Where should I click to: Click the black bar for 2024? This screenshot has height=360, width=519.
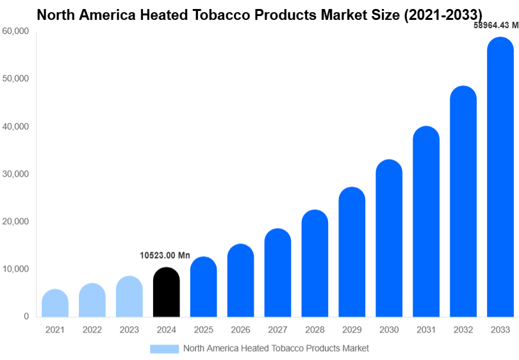click(167, 292)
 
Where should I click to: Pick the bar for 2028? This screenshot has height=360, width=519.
click(315, 263)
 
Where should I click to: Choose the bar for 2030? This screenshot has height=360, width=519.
click(389, 238)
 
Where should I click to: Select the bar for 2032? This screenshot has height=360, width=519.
click(463, 201)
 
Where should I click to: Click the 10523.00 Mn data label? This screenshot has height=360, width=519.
click(165, 256)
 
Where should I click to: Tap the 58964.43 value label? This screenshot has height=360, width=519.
click(495, 26)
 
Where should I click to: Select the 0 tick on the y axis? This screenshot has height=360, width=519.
click(26, 316)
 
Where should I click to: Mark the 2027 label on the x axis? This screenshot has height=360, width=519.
click(277, 330)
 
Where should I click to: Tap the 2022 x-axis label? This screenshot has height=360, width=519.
click(92, 330)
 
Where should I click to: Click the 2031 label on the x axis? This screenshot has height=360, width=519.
click(426, 330)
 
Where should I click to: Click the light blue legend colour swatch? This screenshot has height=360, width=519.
click(165, 348)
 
